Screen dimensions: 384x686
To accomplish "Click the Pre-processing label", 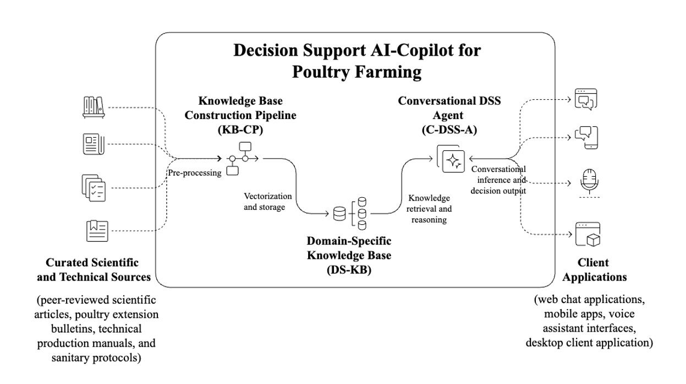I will coord(195,172).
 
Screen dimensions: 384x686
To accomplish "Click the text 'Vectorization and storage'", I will coord(268,202).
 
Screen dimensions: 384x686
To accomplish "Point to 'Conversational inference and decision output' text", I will coord(498,180).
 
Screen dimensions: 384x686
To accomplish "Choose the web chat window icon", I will coord(586,100).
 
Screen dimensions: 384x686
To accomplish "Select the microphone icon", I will coord(588,182).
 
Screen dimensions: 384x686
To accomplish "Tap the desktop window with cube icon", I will coord(587,234).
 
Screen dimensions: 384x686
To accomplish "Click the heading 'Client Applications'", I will coord(594,269).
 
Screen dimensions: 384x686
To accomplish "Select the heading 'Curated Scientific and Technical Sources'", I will coord(93,269).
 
